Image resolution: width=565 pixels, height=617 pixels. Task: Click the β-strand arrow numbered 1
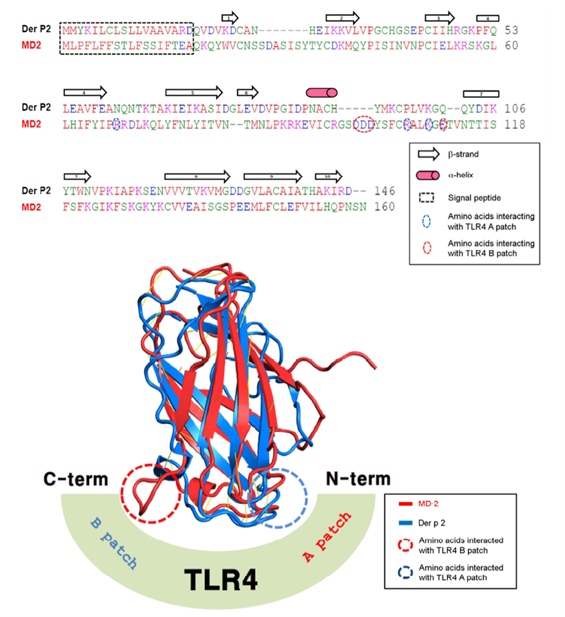pyautogui.click(x=230, y=17)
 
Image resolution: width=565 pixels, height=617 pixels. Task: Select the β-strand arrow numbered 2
pyautogui.click(x=342, y=17)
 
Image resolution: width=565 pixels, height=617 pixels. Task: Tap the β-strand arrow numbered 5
pyautogui.click(x=193, y=92)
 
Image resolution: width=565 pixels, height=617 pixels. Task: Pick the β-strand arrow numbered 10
pyautogui.click(x=328, y=176)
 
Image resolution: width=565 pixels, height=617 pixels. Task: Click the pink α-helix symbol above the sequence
pyautogui.click(x=321, y=92)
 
